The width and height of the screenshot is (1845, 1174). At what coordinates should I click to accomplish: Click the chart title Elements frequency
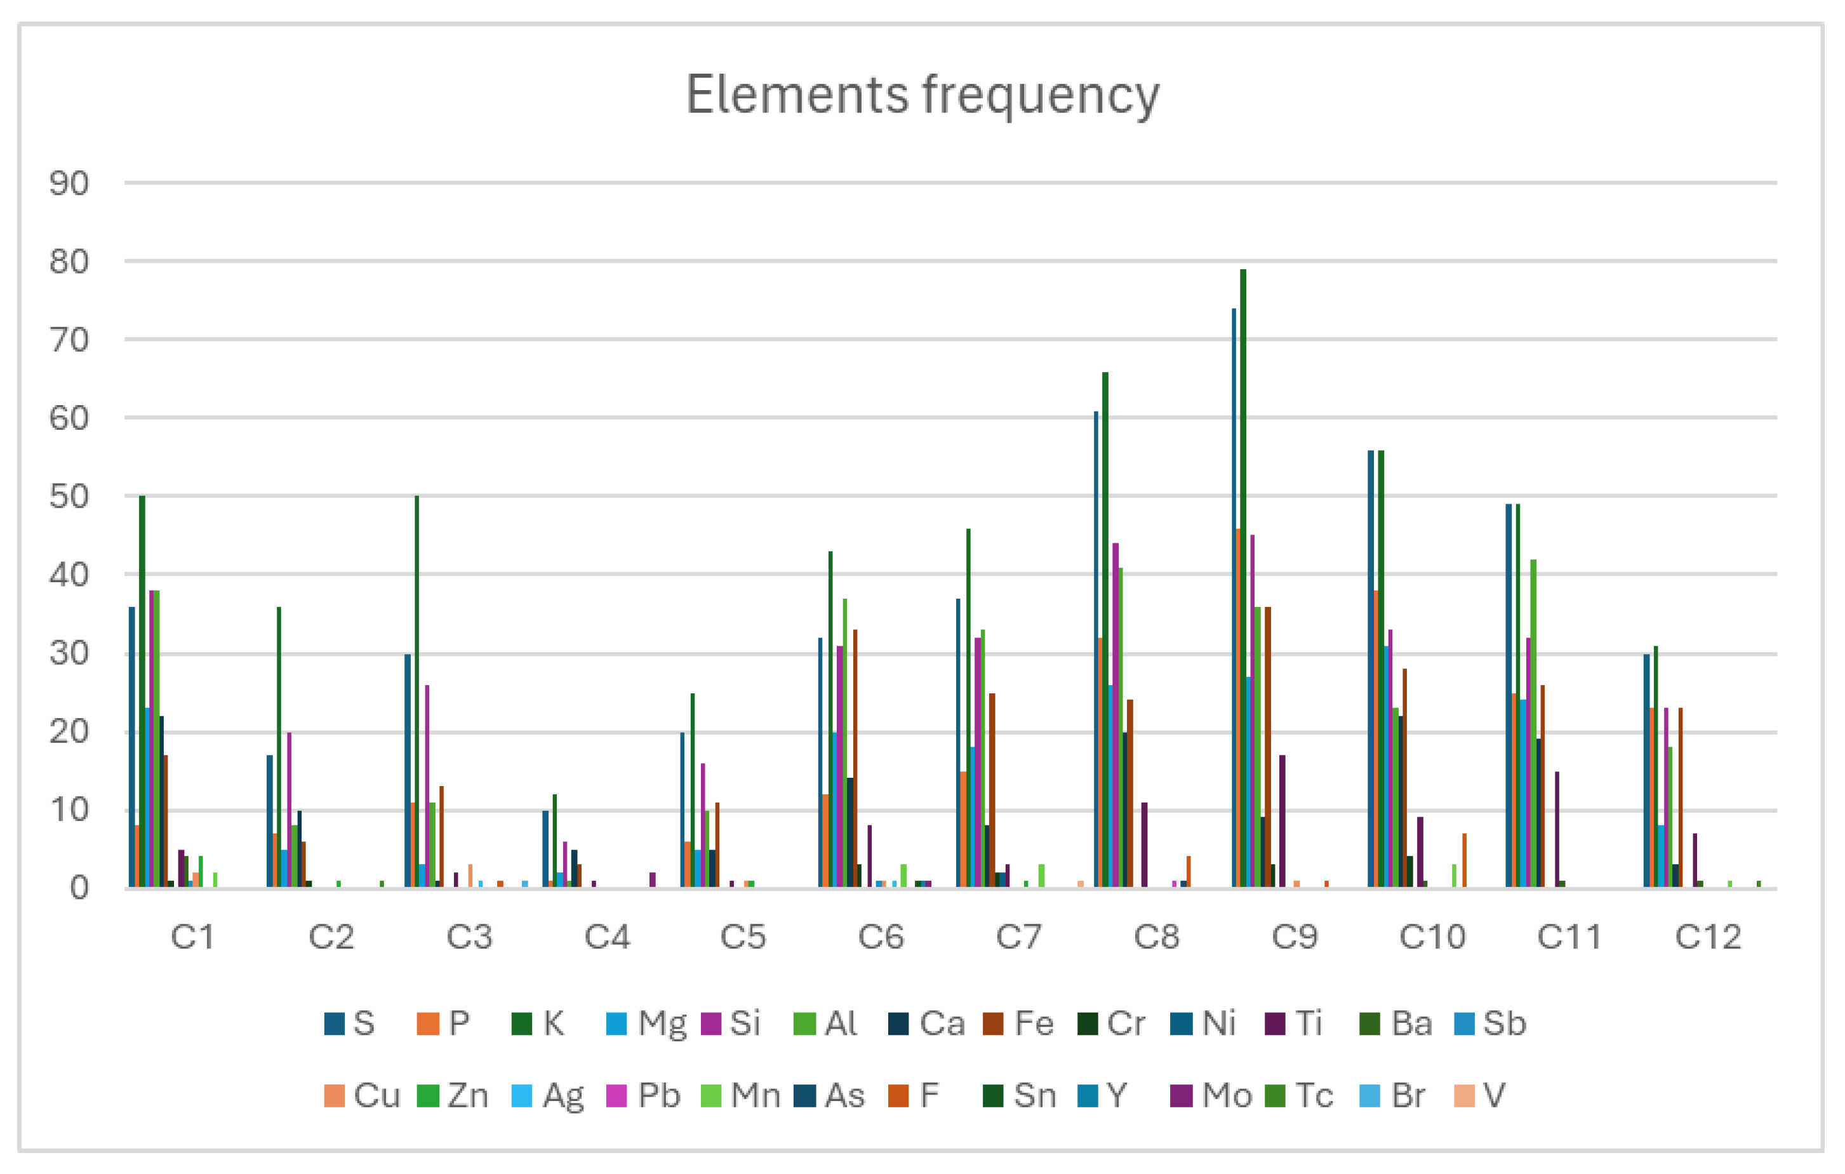922,95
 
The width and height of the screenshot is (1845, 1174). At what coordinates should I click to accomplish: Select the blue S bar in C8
1096,651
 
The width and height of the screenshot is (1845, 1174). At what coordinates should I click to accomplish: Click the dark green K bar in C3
417,690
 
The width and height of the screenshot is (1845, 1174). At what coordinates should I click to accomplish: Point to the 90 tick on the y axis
69,183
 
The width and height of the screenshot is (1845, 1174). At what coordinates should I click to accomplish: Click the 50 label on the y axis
69,497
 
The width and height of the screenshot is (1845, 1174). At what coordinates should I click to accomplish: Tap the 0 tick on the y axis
79,888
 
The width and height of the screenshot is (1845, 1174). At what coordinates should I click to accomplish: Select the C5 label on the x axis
742,937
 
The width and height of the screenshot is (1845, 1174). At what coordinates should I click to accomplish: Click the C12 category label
1708,937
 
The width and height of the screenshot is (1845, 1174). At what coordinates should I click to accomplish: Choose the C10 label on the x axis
1432,937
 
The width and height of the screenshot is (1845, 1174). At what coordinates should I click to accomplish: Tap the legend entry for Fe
1020,1024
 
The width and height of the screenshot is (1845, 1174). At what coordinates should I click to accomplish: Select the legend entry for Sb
1490,1024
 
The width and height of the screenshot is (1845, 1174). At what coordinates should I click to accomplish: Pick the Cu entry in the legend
363,1096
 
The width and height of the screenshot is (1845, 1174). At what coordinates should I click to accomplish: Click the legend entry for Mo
1212,1096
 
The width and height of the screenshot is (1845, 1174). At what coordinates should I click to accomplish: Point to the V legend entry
1481,1096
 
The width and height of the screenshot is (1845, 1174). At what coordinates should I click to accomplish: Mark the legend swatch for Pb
616,1096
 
